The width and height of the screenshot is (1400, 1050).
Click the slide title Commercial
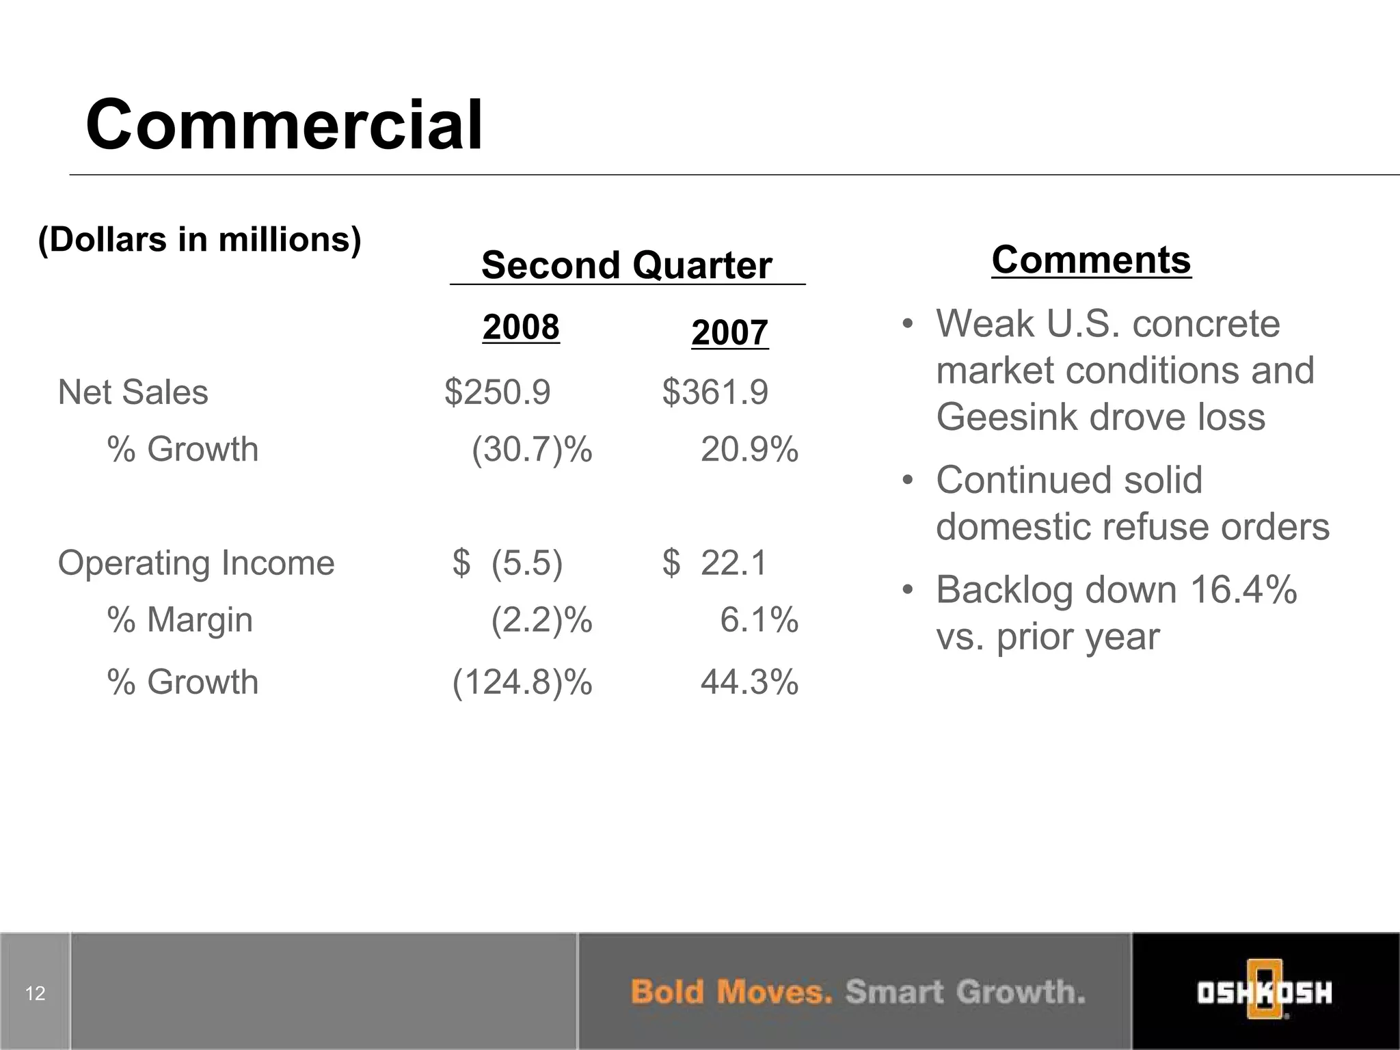click(x=284, y=125)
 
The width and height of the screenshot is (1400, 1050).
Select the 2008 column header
click(x=521, y=327)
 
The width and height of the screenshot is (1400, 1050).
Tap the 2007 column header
click(x=729, y=333)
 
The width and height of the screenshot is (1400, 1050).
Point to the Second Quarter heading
click(x=626, y=265)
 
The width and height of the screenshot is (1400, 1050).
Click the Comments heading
click(x=1091, y=260)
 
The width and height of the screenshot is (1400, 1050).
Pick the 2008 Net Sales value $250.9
click(x=497, y=392)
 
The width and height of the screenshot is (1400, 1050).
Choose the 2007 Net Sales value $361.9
click(x=715, y=392)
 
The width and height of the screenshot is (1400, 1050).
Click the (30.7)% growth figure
click(x=532, y=450)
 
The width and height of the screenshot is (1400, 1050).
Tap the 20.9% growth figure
click(x=749, y=450)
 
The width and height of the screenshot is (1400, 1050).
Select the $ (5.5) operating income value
click(x=507, y=563)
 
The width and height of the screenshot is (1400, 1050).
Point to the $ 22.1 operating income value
click(x=715, y=563)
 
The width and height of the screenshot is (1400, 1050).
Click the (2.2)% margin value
click(x=541, y=620)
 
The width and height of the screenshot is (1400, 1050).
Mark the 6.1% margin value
click(x=759, y=620)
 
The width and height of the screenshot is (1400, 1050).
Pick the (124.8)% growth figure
click(x=522, y=682)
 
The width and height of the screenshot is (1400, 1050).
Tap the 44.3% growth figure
click(x=749, y=682)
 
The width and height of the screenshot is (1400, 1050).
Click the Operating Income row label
click(x=196, y=563)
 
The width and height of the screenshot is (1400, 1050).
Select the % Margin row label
click(x=180, y=620)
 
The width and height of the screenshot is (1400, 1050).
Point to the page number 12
click(x=35, y=993)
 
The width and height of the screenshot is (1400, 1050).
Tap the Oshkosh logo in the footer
click(x=1264, y=991)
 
